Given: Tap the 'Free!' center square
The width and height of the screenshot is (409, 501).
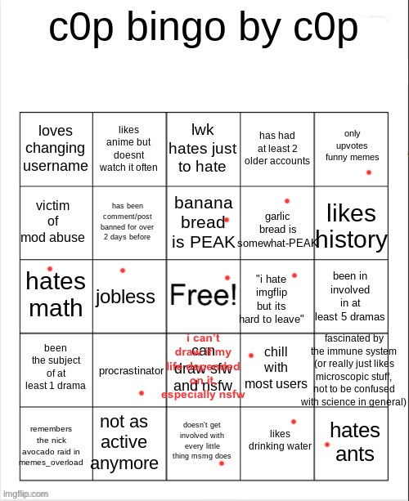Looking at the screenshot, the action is tap(203, 295).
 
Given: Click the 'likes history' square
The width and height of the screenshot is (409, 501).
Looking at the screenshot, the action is tap(351, 226).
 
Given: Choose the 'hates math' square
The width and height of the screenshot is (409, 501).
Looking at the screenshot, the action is tap(56, 295).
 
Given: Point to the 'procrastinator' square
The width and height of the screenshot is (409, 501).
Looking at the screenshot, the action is tap(131, 371).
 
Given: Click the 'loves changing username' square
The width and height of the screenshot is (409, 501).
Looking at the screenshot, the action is tap(56, 149).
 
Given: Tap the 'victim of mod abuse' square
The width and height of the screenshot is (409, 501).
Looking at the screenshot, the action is tap(56, 221).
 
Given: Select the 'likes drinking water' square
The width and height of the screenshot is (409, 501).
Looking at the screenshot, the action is tap(280, 440).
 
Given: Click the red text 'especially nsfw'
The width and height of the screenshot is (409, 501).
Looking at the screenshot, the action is tap(203, 394).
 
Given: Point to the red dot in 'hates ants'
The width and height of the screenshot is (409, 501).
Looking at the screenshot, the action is tap(327, 445).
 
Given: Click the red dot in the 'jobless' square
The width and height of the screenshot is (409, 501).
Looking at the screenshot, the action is tap(123, 271).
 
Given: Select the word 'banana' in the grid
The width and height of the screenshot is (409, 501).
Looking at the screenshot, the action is tap(204, 203).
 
